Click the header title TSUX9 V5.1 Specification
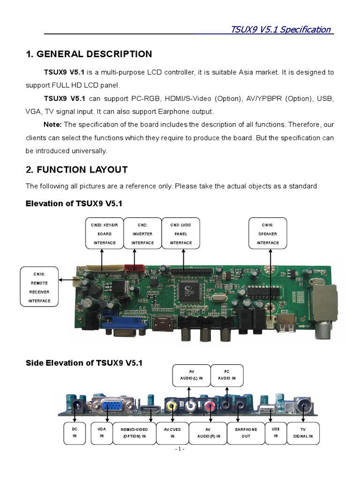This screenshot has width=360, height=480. (x=281, y=30)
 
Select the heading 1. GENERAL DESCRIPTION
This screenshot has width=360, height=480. (x=89, y=54)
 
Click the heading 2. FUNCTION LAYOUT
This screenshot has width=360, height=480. (x=76, y=169)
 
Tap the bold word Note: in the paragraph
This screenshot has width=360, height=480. (x=52, y=124)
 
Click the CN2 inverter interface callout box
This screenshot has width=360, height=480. (x=142, y=233)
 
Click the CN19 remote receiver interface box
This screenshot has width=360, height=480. (x=39, y=287)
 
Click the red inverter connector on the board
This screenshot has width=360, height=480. (x=134, y=268)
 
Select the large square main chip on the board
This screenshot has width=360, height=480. (x=189, y=294)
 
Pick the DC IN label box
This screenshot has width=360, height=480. (x=74, y=433)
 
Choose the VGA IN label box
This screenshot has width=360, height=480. (x=102, y=433)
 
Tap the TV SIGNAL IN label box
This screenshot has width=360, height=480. (x=303, y=433)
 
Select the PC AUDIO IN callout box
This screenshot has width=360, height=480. (x=227, y=375)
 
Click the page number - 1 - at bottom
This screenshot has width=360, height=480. (x=180, y=449)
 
